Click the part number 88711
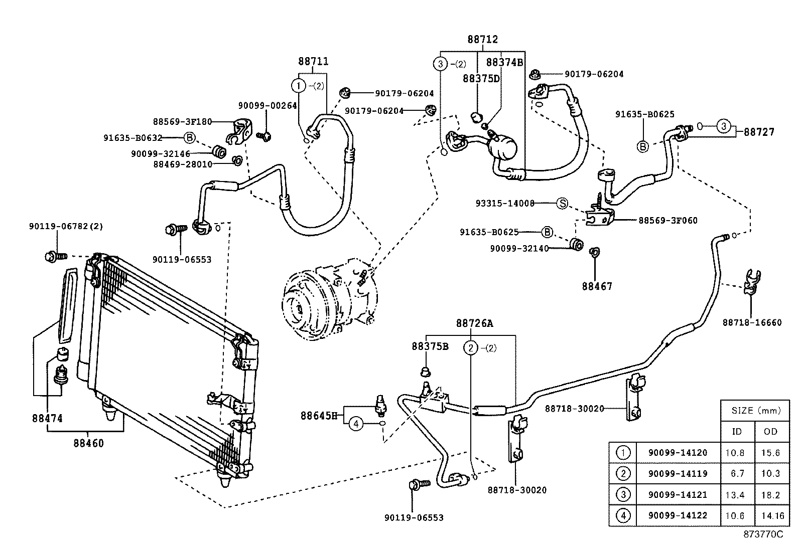click(x=313, y=62)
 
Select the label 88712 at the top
click(x=482, y=40)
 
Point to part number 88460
click(x=88, y=443)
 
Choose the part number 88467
click(x=597, y=286)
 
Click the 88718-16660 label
click(x=752, y=322)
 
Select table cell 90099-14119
click(x=678, y=473)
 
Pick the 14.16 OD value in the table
click(x=770, y=515)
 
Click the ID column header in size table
click(x=737, y=431)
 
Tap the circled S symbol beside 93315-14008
click(x=562, y=204)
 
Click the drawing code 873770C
click(x=763, y=534)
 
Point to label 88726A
click(x=474, y=323)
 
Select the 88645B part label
click(x=319, y=415)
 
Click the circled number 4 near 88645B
click(x=356, y=424)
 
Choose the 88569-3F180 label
click(x=182, y=121)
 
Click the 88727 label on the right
click(x=759, y=132)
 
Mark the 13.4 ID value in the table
click(x=735, y=495)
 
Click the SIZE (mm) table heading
click(x=756, y=411)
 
